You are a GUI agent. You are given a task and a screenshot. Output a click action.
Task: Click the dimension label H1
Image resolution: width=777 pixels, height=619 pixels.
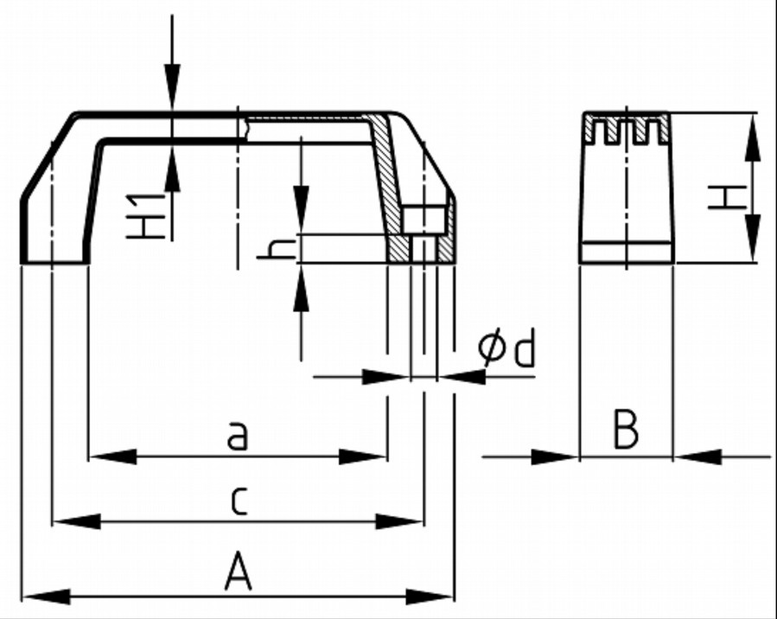[149, 216]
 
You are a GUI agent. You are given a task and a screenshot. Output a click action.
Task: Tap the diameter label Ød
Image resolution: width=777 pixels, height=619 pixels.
[507, 351]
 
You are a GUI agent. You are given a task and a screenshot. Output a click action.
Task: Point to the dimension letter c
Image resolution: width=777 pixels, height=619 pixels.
[239, 501]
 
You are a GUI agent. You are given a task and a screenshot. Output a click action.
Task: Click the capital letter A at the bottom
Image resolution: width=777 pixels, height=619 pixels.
[238, 574]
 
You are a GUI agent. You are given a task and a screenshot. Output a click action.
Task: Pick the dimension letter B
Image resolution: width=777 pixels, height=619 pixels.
[625, 431]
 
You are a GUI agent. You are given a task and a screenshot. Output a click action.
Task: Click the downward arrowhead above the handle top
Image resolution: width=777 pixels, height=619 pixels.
[173, 86]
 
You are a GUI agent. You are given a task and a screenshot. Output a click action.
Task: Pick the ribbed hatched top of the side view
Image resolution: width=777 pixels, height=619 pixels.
[627, 129]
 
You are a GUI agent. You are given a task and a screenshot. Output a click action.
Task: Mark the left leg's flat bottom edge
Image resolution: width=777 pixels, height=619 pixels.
[54, 262]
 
